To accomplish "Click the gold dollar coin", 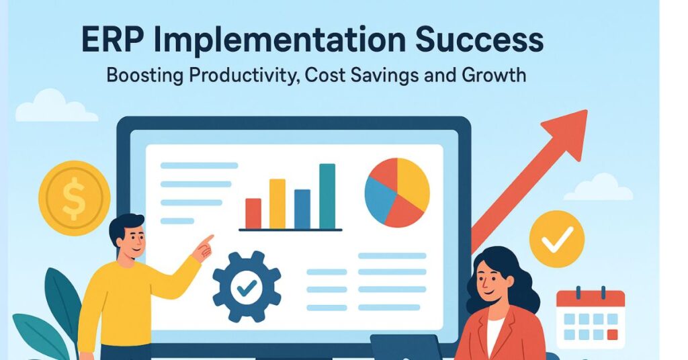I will (74, 196).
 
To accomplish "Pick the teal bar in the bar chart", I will (327, 196).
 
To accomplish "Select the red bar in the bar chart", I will (253, 213).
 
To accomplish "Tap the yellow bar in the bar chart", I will (277, 204).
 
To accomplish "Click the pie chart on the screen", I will (397, 192).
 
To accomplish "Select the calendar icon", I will (590, 319).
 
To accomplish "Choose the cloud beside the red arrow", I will (599, 188).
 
